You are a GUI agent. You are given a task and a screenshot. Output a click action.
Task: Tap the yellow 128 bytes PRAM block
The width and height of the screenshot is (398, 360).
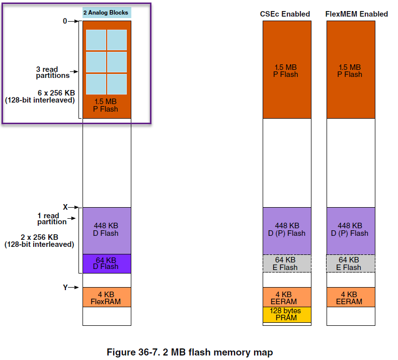(x=287, y=315)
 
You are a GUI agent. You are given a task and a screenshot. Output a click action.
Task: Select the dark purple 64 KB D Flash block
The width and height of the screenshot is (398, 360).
(x=107, y=263)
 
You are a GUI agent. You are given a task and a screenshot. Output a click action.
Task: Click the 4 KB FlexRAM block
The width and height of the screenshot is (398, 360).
(x=107, y=297)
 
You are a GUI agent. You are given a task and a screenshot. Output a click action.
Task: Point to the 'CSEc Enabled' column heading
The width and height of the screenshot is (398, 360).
(x=285, y=14)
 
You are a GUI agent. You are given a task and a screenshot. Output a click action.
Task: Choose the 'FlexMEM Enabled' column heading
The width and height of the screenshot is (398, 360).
(x=357, y=14)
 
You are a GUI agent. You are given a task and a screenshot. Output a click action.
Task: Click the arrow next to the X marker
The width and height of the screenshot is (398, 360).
(x=73, y=207)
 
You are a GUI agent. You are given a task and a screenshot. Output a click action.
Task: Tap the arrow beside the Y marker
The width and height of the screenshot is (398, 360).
(x=73, y=287)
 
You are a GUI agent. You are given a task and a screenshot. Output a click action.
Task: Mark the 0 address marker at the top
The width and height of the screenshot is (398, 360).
(x=65, y=21)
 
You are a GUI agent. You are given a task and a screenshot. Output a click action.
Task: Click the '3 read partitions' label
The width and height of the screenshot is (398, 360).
(x=52, y=72)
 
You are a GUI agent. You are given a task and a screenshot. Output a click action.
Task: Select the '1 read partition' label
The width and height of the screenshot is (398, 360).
(x=52, y=219)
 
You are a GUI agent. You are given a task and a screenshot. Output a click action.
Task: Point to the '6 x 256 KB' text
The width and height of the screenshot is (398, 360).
(x=56, y=93)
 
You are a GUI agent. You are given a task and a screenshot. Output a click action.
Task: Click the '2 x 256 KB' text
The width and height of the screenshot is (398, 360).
(x=39, y=237)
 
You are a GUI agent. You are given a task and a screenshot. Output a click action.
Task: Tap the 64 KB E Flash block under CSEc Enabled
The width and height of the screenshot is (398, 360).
(x=287, y=263)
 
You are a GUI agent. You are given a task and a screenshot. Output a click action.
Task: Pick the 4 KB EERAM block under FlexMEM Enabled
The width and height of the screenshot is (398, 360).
(x=351, y=297)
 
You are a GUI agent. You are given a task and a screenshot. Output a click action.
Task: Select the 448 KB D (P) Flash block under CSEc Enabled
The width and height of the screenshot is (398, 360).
(x=287, y=231)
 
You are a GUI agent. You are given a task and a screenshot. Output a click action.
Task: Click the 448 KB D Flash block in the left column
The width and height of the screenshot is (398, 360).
(x=107, y=231)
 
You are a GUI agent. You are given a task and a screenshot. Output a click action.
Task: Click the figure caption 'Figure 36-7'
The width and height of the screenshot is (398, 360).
(x=133, y=352)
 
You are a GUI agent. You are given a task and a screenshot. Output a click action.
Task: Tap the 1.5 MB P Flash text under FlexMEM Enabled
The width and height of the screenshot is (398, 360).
(x=350, y=71)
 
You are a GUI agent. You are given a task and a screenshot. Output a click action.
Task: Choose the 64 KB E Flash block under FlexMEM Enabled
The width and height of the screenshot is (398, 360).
(x=351, y=263)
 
